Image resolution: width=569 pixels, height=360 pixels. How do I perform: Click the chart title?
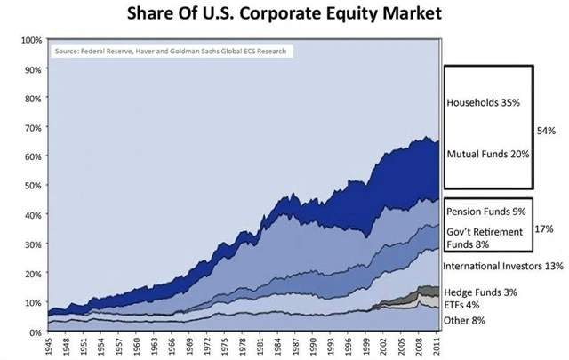pos(284,14)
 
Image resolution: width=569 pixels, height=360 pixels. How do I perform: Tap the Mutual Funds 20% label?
pos(488,153)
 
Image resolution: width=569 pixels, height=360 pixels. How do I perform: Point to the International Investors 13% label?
pos(504,266)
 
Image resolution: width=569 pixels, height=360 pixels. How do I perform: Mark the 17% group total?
pos(544,228)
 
